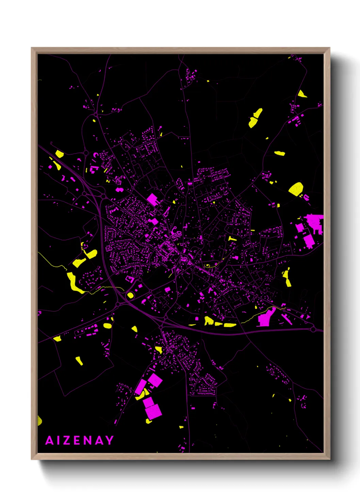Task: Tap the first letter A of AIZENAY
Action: pyautogui.click(x=50, y=440)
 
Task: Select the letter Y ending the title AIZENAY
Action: pyautogui.click(x=109, y=440)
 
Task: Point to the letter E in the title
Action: pyautogui.click(x=77, y=440)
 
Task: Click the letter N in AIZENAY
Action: pyautogui.click(x=88, y=440)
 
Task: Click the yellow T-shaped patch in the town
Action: pyautogui.click(x=232, y=238)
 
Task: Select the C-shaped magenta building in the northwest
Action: pyautogui.click(x=96, y=155)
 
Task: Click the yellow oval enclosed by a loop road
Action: pyautogui.click(x=130, y=295)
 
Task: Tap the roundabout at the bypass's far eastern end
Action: pyautogui.click(x=313, y=329)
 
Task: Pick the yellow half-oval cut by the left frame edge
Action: pyautogui.click(x=39, y=421)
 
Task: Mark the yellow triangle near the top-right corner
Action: pyautogui.click(x=301, y=94)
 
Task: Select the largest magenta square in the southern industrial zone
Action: pyautogui.click(x=153, y=411)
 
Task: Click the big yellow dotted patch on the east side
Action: pyautogui.click(x=296, y=189)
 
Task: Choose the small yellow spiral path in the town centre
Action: pyautogui.click(x=207, y=265)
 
